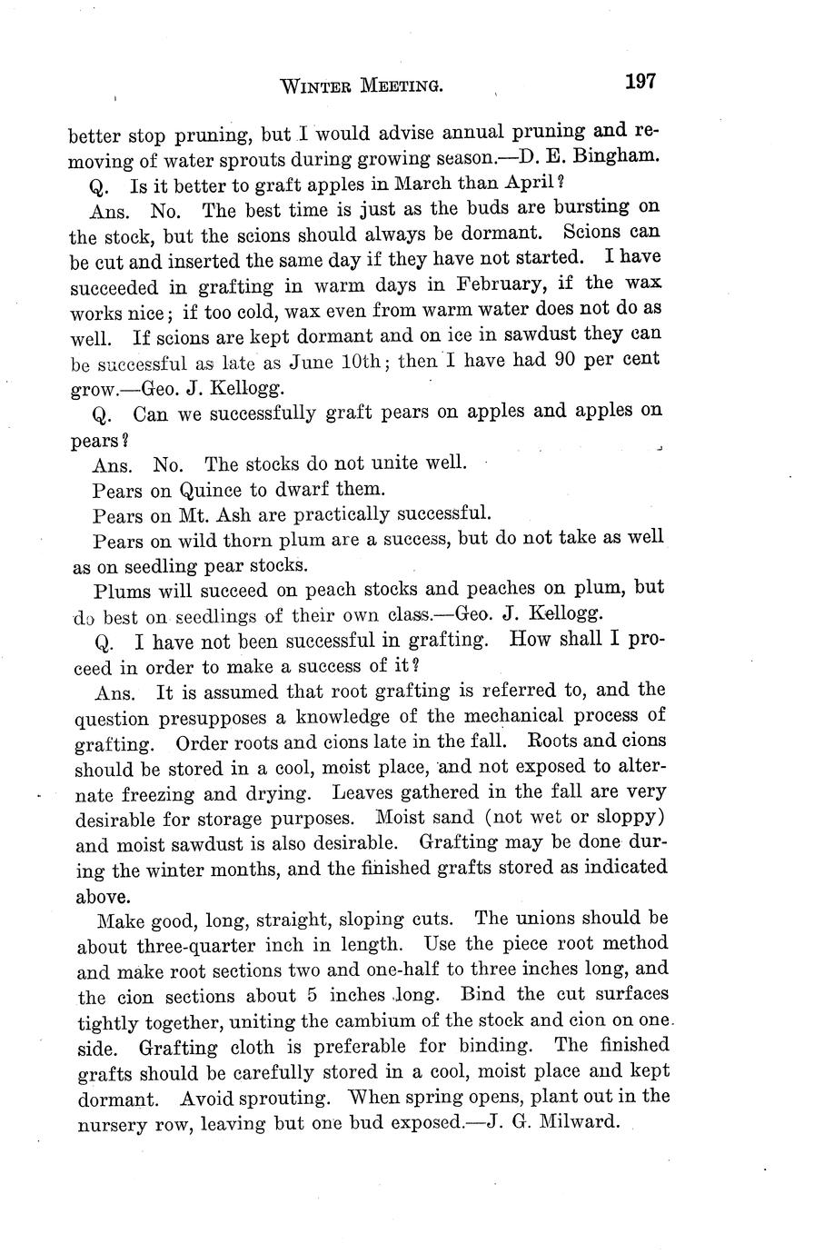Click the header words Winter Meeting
pos(362,86)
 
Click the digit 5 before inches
pos(307,996)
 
